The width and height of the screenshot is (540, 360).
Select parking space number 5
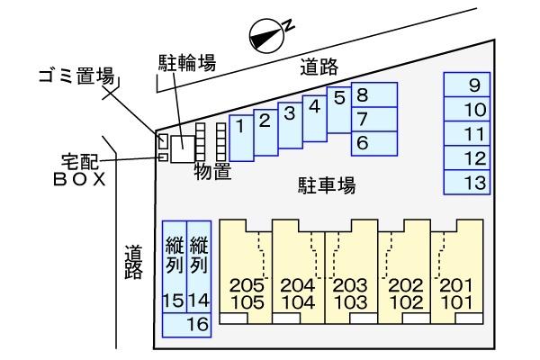click(x=339, y=108)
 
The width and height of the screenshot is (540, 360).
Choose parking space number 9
click(x=466, y=86)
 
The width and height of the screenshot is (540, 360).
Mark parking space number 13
click(x=466, y=183)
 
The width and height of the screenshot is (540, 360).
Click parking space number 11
click(x=466, y=135)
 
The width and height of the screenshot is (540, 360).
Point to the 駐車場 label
click(x=327, y=186)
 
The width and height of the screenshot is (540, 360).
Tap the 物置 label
click(x=212, y=172)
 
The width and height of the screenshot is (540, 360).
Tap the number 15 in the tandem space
click(x=173, y=300)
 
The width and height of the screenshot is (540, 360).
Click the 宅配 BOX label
click(x=80, y=168)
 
